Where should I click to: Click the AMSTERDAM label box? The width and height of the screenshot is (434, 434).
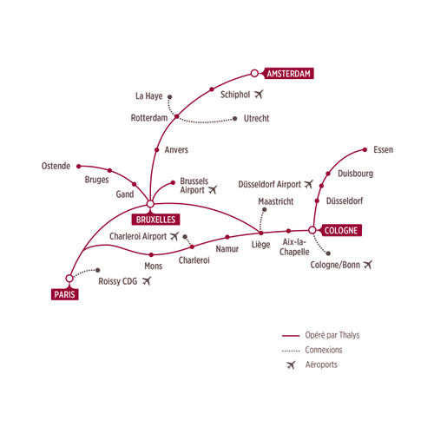click(289, 74)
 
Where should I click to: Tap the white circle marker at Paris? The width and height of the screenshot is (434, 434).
click(69, 279)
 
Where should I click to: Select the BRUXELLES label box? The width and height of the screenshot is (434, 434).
click(155, 220)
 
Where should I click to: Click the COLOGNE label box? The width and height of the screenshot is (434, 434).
click(341, 230)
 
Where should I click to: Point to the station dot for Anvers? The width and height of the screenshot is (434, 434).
click(157, 150)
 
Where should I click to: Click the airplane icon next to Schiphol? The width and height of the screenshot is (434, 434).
click(259, 94)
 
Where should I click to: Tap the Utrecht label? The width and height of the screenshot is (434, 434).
click(256, 118)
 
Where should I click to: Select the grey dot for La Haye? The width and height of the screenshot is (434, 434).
click(170, 97)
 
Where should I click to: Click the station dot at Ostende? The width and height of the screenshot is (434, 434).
click(79, 167)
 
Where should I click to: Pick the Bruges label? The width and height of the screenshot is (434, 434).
click(96, 180)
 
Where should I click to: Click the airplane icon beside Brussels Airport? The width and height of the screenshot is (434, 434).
click(213, 189)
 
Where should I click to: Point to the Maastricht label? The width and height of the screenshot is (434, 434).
click(276, 201)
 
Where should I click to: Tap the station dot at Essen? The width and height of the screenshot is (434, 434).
click(365, 150)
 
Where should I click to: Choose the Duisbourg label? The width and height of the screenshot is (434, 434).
click(355, 174)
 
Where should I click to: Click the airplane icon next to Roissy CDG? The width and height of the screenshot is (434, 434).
click(147, 280)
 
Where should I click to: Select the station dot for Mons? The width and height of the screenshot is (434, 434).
click(151, 255)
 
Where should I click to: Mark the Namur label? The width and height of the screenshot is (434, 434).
click(227, 249)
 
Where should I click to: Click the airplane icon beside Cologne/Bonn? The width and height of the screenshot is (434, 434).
click(368, 265)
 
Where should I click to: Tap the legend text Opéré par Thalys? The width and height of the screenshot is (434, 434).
click(332, 335)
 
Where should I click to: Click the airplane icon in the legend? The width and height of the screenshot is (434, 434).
click(291, 365)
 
